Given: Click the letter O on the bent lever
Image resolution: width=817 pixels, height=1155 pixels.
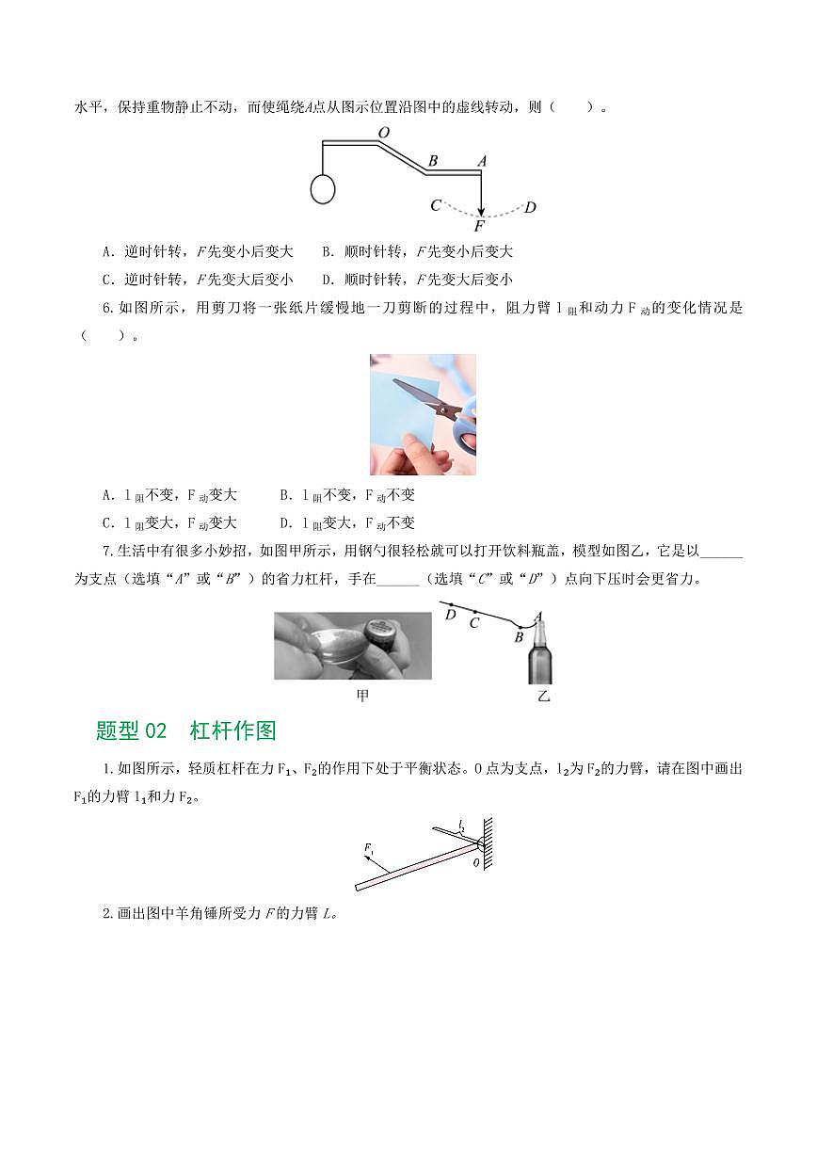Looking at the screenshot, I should click(x=383, y=133).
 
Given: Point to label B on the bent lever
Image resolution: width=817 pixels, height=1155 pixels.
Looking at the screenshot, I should click(x=432, y=161).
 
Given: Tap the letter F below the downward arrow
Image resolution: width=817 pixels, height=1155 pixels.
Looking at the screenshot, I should click(x=479, y=226).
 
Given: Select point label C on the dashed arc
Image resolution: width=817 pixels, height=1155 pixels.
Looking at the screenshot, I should click(x=435, y=205).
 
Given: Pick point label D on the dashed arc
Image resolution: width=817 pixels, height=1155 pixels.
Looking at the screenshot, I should click(x=530, y=207).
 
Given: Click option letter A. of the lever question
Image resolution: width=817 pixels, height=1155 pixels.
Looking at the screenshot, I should click(x=108, y=252).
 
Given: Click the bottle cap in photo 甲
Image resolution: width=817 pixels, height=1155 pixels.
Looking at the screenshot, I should click(x=381, y=630).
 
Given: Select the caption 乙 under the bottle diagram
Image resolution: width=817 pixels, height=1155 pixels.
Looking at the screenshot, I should click(x=543, y=697).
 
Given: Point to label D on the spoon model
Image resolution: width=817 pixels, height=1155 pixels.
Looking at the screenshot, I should click(x=450, y=615).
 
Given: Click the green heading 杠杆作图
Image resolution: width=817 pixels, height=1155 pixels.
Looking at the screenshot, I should click(x=232, y=730).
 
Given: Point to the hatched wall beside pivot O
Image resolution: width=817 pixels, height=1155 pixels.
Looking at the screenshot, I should click(x=488, y=843).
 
